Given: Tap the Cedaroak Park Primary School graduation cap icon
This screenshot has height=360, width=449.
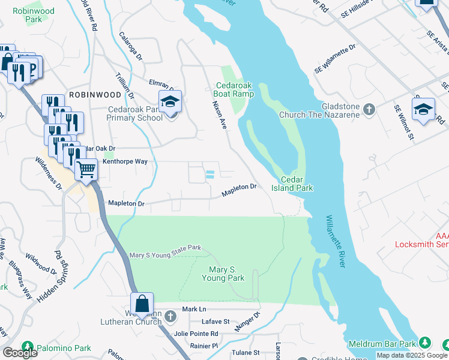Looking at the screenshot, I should tap(170, 102).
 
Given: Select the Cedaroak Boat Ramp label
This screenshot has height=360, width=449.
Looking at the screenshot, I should tap(234, 89).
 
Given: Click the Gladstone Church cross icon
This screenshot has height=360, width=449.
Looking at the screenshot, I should tap(369, 109).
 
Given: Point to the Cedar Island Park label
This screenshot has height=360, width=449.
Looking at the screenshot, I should tap(297, 184).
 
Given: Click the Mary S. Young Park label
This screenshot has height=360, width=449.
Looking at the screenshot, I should tap(223, 274).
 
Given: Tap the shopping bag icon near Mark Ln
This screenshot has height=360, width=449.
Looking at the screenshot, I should tap(143, 304).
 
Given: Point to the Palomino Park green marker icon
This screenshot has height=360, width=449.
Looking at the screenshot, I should tap(26, 347).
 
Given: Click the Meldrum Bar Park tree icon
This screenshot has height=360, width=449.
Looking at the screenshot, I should tap(425, 343).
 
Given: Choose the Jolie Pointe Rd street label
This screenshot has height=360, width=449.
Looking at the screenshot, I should tap(211, 334).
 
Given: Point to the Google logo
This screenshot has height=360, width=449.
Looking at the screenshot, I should tap(20, 353).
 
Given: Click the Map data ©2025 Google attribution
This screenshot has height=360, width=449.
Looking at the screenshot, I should tap(412, 355).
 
